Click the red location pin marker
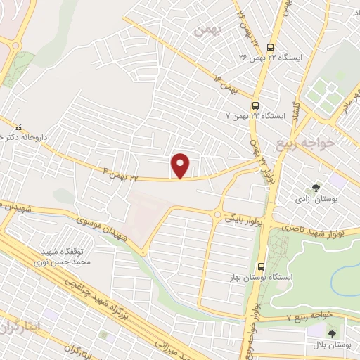[x=181, y=166]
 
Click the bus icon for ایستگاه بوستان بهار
[x=261, y=266]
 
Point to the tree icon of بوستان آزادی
[x=317, y=188]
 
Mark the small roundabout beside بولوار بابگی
[x=217, y=215]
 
